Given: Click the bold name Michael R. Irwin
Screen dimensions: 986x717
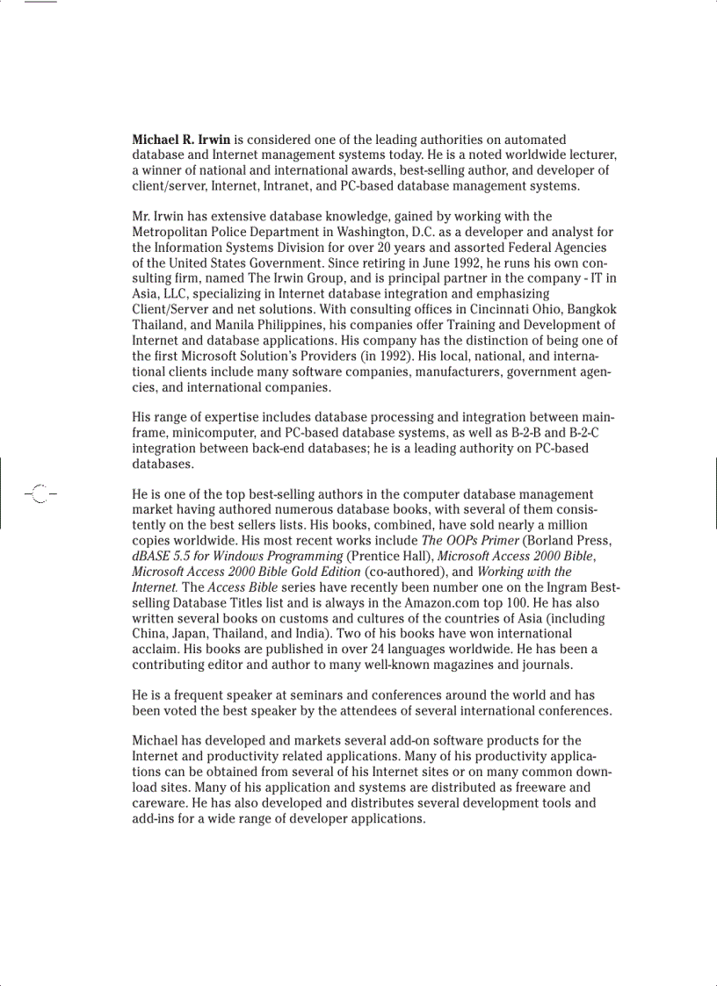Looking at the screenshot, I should [x=182, y=140].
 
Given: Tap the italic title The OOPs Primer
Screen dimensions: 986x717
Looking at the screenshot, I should [x=469, y=541].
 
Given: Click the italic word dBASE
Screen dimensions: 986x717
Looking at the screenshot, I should [x=152, y=556].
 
